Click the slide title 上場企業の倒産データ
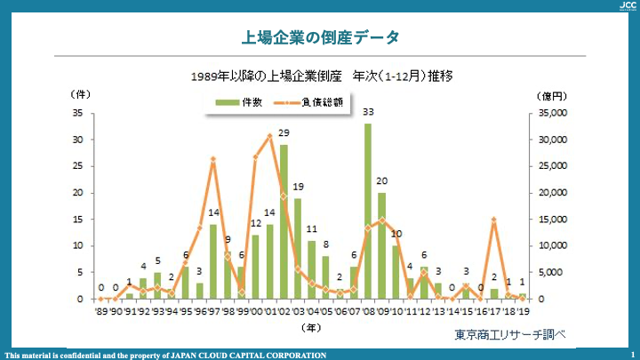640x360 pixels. [320, 37]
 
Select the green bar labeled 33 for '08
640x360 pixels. [368, 213]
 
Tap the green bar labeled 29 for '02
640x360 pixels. [284, 222]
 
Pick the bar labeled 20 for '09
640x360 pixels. [381, 246]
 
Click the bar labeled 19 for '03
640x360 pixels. [298, 249]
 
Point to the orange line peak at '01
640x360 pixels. [270, 136]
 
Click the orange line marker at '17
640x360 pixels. [493, 220]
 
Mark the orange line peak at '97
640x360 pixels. [213, 160]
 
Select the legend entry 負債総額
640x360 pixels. [311, 103]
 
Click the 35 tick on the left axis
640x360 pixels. [78, 114]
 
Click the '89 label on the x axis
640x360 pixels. [101, 311]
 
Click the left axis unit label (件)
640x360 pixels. [77, 93]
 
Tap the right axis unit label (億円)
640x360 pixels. [552, 93]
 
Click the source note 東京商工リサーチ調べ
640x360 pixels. [510, 335]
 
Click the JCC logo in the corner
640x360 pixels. [626, 5]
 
